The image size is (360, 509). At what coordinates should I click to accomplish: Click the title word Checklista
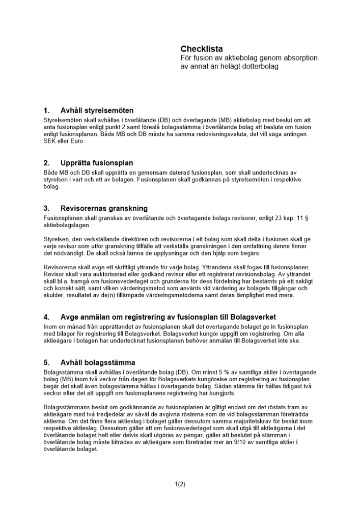pyautogui.click(x=202, y=49)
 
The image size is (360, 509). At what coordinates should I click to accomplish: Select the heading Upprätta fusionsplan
pyautogui.click(x=97, y=163)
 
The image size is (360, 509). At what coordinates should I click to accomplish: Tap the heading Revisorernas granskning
pyautogui.click(x=104, y=208)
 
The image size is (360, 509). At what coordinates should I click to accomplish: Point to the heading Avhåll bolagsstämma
pyautogui.click(x=98, y=362)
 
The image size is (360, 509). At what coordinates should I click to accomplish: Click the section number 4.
pyautogui.click(x=46, y=317)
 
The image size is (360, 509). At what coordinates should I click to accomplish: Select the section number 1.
pyautogui.click(x=46, y=110)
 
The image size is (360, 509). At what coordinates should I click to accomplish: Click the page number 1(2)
pyautogui.click(x=180, y=484)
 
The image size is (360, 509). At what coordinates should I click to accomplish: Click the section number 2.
pyautogui.click(x=46, y=163)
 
